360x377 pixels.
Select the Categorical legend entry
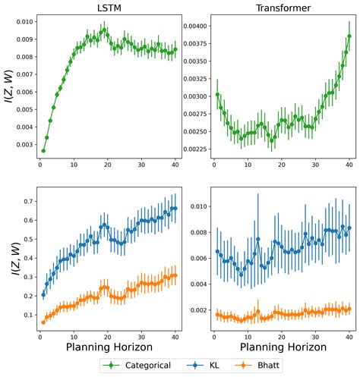point(145,365)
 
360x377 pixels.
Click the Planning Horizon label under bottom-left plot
point(107,347)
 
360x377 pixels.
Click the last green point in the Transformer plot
point(349,36)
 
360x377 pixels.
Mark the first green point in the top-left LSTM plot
point(43,150)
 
